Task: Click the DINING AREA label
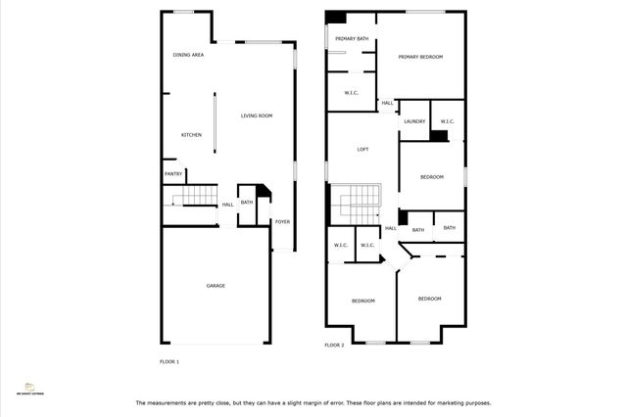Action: (x=188, y=55)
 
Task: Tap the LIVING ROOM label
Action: (x=257, y=116)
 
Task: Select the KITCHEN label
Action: (x=191, y=134)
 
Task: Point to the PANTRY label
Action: (x=173, y=174)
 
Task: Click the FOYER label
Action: (x=282, y=221)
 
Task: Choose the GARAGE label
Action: (x=216, y=286)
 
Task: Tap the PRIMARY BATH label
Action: (x=352, y=38)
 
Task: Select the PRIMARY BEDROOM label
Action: (x=420, y=57)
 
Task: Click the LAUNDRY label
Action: (x=413, y=120)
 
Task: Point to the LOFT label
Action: (x=362, y=149)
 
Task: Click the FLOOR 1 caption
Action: (x=169, y=361)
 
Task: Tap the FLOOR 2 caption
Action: (x=334, y=345)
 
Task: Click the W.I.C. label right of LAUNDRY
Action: (x=447, y=120)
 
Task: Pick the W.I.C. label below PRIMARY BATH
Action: (x=352, y=93)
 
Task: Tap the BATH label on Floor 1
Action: (x=247, y=203)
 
